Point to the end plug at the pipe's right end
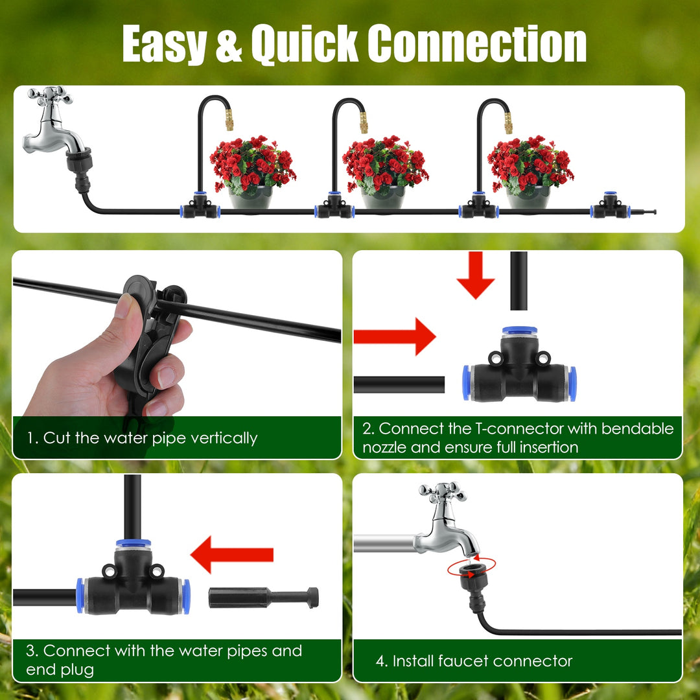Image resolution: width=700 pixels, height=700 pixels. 644,211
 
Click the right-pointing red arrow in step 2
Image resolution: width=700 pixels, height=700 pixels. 395,336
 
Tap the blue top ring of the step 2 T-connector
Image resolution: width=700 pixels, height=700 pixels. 519,331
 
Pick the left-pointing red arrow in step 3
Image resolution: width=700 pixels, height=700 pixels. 232,555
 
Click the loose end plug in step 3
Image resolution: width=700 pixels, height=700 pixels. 262,597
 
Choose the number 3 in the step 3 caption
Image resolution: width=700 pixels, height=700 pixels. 30,651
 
